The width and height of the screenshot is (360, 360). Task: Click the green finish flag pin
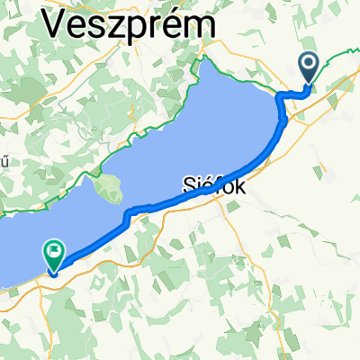click(x=55, y=256)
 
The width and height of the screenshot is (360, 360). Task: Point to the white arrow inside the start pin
click(x=309, y=64)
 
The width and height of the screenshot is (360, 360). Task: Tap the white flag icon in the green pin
click(x=55, y=252)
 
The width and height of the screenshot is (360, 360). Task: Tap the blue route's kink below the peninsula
click(x=130, y=212)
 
